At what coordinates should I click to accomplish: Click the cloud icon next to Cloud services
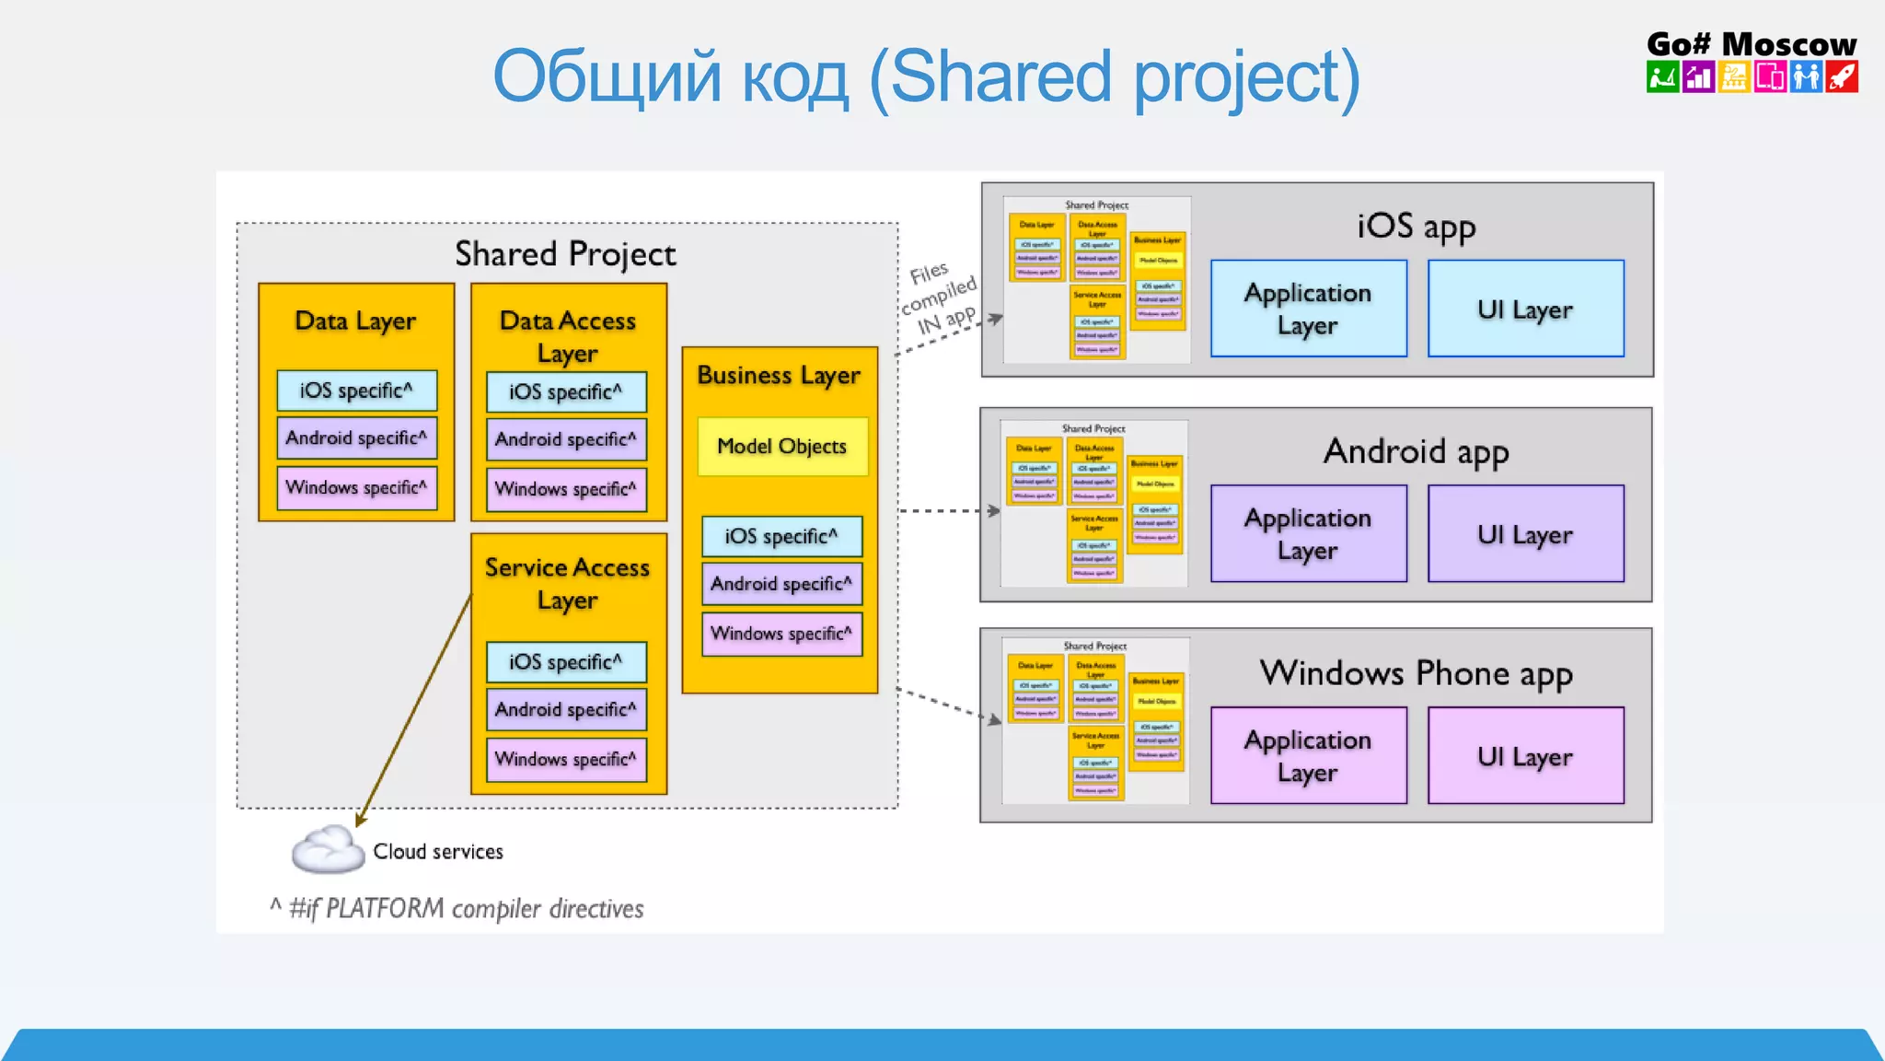click(328, 849)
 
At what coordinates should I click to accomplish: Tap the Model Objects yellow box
click(782, 447)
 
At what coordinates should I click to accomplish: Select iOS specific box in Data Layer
click(356, 391)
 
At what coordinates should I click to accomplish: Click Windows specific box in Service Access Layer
click(566, 760)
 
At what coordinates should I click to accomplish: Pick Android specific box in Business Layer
click(781, 584)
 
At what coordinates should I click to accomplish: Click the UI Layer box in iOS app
click(1525, 309)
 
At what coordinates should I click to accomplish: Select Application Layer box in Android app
click(1308, 533)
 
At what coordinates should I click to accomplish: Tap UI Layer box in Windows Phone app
click(1525, 756)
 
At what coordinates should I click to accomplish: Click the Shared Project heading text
click(565, 253)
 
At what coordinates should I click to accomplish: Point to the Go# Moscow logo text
click(1751, 43)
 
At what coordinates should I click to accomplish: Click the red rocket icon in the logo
click(1842, 76)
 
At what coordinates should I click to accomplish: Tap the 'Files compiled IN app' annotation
click(939, 297)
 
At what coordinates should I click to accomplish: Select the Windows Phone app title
click(1416, 673)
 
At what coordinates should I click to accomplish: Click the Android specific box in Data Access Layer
click(566, 439)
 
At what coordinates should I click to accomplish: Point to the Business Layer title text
click(779, 375)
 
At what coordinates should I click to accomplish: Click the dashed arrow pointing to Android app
click(948, 510)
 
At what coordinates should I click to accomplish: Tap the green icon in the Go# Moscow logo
click(1662, 76)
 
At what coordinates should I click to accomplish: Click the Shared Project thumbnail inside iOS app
click(1096, 279)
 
